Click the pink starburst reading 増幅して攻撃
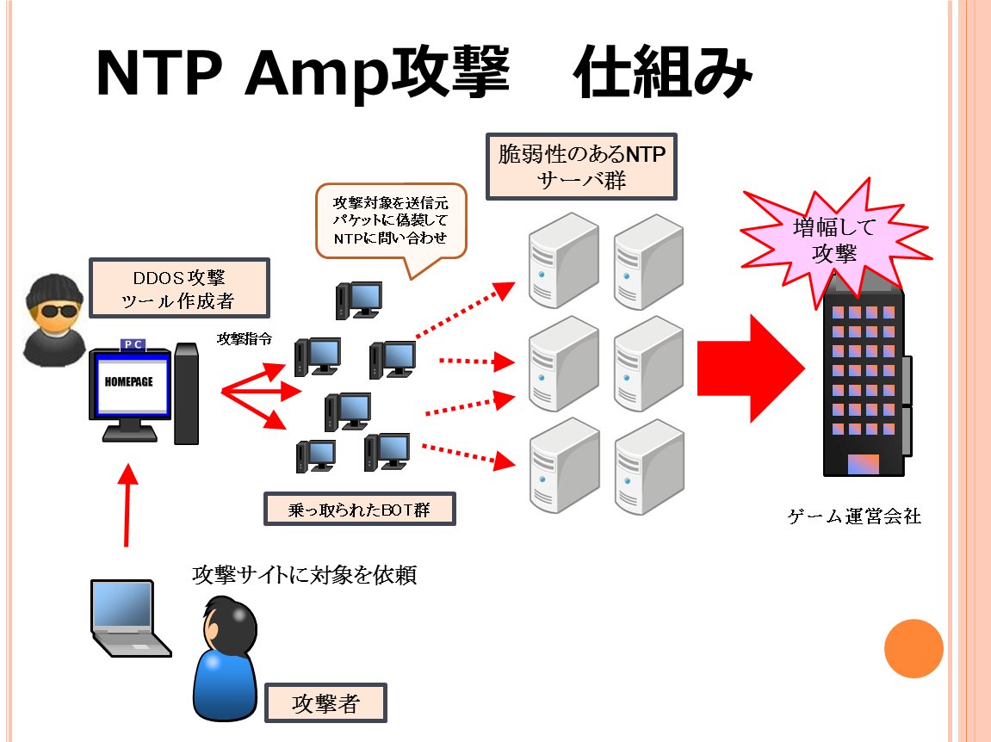click(x=833, y=240)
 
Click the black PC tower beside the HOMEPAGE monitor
click(x=186, y=393)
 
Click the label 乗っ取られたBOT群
click(x=359, y=510)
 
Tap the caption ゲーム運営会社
click(x=854, y=517)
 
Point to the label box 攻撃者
click(x=325, y=703)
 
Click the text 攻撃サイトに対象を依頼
click(x=305, y=574)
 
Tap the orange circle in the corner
click(x=914, y=649)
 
